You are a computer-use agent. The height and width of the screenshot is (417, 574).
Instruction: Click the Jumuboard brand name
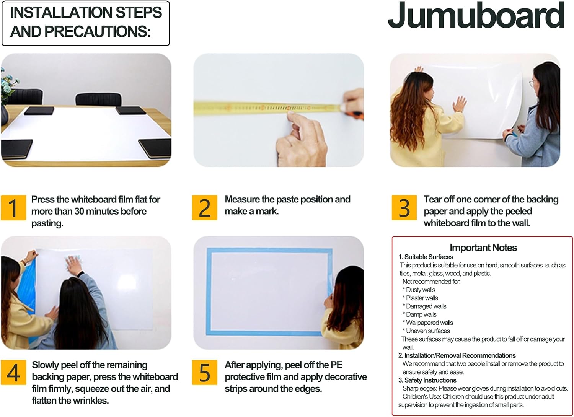[476, 16]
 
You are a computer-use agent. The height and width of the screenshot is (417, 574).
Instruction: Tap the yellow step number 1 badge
[13, 208]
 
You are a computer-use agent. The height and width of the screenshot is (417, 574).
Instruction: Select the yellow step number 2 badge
[204, 208]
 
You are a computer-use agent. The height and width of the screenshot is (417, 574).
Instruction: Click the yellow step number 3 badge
[404, 208]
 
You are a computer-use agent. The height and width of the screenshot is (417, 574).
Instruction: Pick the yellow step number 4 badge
[13, 373]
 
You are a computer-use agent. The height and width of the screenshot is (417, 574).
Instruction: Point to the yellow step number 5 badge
[204, 373]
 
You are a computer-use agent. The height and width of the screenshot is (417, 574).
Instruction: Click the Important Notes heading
[483, 248]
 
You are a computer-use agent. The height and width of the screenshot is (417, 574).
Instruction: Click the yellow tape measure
[268, 108]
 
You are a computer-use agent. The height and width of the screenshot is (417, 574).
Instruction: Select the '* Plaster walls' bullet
[420, 298]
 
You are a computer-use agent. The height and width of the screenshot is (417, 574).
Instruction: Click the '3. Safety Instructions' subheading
[427, 380]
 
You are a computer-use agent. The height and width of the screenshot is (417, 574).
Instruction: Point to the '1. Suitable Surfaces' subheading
[426, 257]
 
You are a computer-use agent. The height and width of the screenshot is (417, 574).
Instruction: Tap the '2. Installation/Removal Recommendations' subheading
[457, 355]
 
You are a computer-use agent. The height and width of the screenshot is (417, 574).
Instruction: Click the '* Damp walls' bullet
[419, 314]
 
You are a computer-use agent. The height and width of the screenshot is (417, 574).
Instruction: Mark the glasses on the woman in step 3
[534, 83]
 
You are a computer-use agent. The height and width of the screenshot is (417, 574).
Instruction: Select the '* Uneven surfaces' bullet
[426, 331]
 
